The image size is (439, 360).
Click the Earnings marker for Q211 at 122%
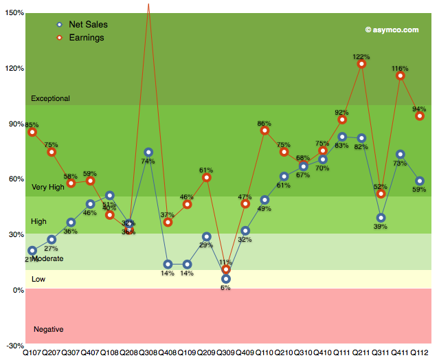(361, 64)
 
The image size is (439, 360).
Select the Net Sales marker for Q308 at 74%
(148, 152)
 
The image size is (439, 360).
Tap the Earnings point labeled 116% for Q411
(401, 76)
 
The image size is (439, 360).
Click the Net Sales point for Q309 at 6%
(226, 279)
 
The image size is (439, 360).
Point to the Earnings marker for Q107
(32, 131)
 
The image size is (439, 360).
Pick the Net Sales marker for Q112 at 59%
(420, 181)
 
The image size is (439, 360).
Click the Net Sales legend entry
(88, 25)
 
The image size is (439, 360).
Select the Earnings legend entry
(87, 38)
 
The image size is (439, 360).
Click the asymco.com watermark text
(392, 30)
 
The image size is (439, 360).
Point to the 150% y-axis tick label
(13, 13)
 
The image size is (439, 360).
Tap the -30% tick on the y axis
(13, 346)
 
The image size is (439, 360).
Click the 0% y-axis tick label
(17, 290)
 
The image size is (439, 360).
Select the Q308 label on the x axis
(148, 353)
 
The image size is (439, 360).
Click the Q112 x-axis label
(419, 353)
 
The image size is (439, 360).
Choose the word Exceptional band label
(50, 99)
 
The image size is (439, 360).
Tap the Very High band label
(47, 187)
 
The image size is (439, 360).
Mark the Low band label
(38, 279)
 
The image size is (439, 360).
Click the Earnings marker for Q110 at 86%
(264, 131)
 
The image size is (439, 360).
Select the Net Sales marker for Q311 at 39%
(381, 218)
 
